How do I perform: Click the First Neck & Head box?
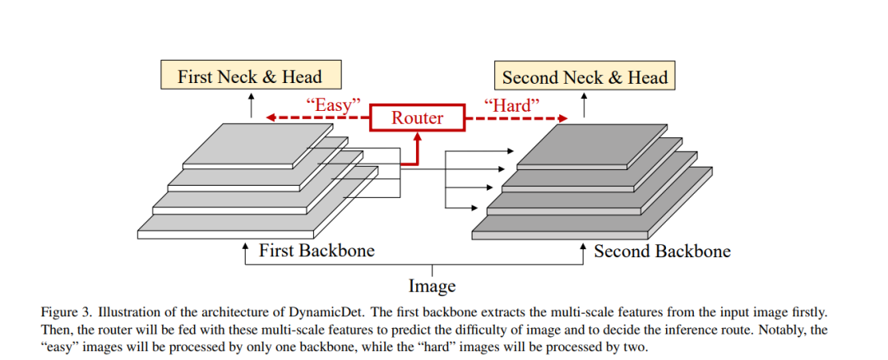(x=249, y=77)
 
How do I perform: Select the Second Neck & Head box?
(x=585, y=77)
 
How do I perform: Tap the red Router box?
(x=417, y=118)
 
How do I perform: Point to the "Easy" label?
(x=334, y=104)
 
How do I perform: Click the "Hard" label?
(x=511, y=104)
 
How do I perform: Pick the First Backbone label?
(x=317, y=250)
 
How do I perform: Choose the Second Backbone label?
(x=662, y=250)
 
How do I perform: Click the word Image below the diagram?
(x=432, y=286)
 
